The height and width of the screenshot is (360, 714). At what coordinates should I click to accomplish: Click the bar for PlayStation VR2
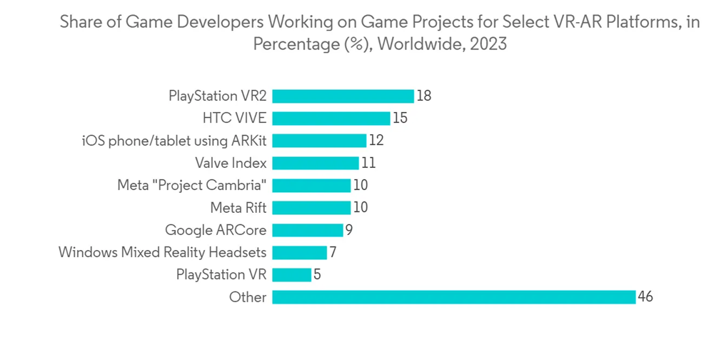click(343, 96)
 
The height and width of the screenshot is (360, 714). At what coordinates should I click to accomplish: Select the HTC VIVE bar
click(331, 118)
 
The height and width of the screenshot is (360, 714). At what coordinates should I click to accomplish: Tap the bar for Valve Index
click(315, 163)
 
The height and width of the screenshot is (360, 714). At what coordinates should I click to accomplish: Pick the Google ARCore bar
click(307, 230)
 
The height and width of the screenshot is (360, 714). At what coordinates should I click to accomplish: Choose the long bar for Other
click(453, 297)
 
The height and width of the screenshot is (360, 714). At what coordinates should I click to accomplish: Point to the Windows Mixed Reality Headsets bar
click(299, 252)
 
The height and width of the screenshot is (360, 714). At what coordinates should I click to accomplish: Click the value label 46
click(645, 297)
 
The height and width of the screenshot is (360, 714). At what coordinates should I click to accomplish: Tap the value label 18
click(424, 96)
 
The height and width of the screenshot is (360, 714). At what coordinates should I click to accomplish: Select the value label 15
click(400, 118)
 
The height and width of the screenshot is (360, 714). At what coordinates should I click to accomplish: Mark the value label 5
click(317, 274)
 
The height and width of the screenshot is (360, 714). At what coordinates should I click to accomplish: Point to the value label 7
click(333, 252)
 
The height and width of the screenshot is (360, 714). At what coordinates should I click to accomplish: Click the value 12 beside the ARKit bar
click(376, 141)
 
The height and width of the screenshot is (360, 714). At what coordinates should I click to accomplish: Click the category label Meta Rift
click(238, 208)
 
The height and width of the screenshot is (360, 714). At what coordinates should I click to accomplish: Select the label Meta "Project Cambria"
click(192, 186)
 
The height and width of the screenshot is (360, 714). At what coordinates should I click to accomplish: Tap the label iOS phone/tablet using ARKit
click(174, 141)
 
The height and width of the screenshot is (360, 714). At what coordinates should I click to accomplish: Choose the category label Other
click(248, 297)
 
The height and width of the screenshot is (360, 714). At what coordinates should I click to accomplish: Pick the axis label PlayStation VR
click(221, 274)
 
